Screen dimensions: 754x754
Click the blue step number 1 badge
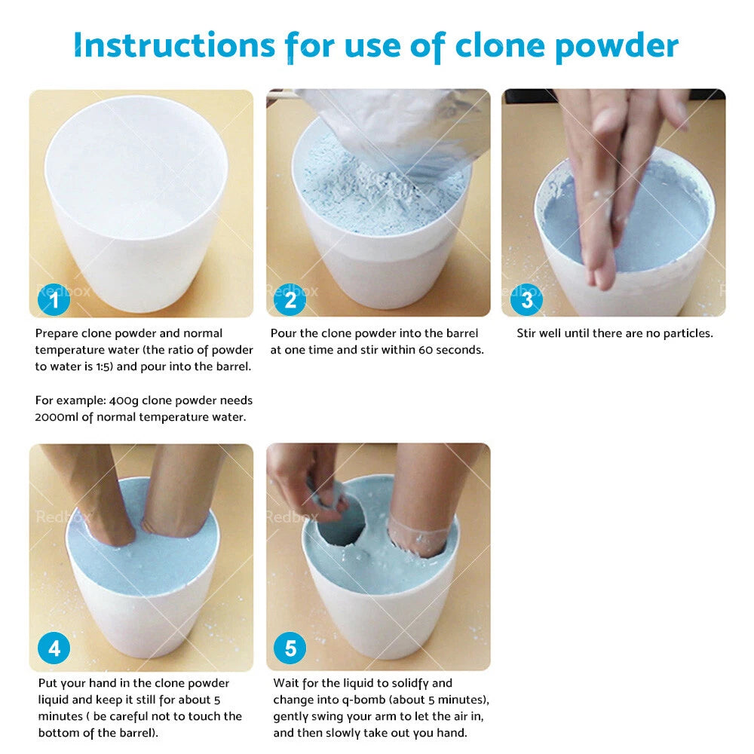coord(54,301)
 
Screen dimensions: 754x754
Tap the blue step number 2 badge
coord(290,301)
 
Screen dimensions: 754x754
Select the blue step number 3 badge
coord(526,301)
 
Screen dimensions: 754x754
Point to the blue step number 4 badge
coord(54,648)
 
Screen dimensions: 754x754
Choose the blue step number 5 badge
coord(290,648)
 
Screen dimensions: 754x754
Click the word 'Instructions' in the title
coord(174,47)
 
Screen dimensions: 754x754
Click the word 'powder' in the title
coord(617,47)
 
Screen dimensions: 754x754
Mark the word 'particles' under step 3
coord(686,333)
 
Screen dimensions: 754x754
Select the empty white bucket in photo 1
coord(136,196)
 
